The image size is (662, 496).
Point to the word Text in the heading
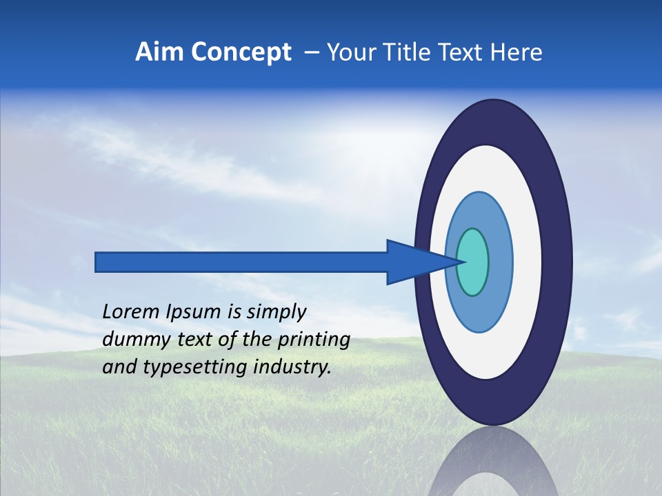(x=462, y=52)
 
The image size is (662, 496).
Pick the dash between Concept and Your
(x=311, y=52)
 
